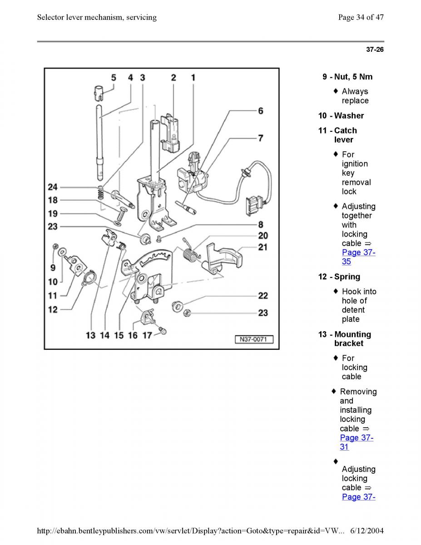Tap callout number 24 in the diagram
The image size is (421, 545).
[53, 187]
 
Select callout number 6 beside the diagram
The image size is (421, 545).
[261, 111]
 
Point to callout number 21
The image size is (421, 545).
[263, 247]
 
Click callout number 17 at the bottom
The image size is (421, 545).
[147, 336]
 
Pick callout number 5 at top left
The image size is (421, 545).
[114, 78]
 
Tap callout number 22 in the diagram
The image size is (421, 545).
[263, 296]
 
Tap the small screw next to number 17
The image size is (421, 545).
[162, 331]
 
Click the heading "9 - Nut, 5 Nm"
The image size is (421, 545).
[347, 77]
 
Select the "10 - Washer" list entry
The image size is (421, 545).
[341, 116]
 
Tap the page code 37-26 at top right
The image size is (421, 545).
[375, 50]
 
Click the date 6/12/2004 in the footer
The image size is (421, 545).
[367, 530]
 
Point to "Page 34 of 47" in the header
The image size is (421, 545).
[361, 17]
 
